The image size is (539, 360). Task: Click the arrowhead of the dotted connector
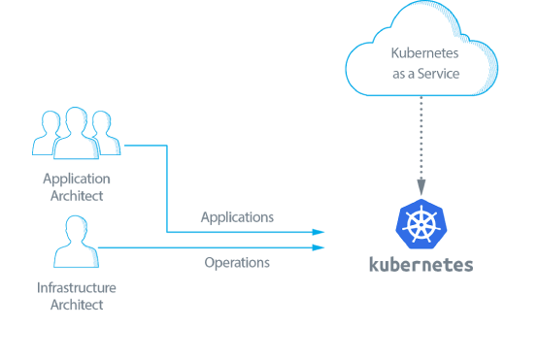coord(421,186)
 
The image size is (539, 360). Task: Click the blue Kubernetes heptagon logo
coord(421,223)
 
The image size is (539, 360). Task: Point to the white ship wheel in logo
coord(421,224)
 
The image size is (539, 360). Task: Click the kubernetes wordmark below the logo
coord(421,264)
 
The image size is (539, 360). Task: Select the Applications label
coord(237,216)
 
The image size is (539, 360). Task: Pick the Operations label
coord(237,262)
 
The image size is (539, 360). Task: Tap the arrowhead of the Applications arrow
coord(318,233)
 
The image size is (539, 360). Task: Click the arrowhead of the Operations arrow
coord(318,247)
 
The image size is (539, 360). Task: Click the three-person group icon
coord(76,134)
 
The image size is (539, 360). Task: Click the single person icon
coord(76,243)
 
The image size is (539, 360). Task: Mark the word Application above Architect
coord(76,180)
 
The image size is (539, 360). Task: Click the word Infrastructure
coord(76,288)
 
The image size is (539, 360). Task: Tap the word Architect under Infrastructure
coord(76,305)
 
